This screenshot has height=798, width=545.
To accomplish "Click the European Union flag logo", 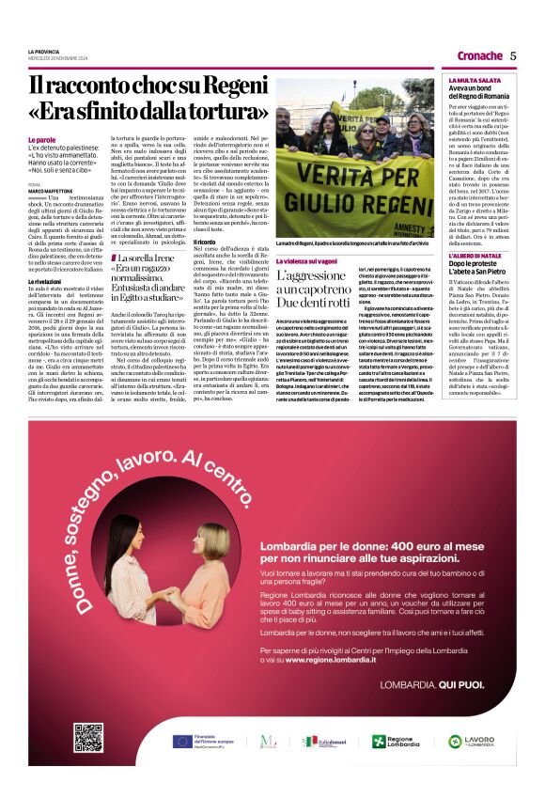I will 182,741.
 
